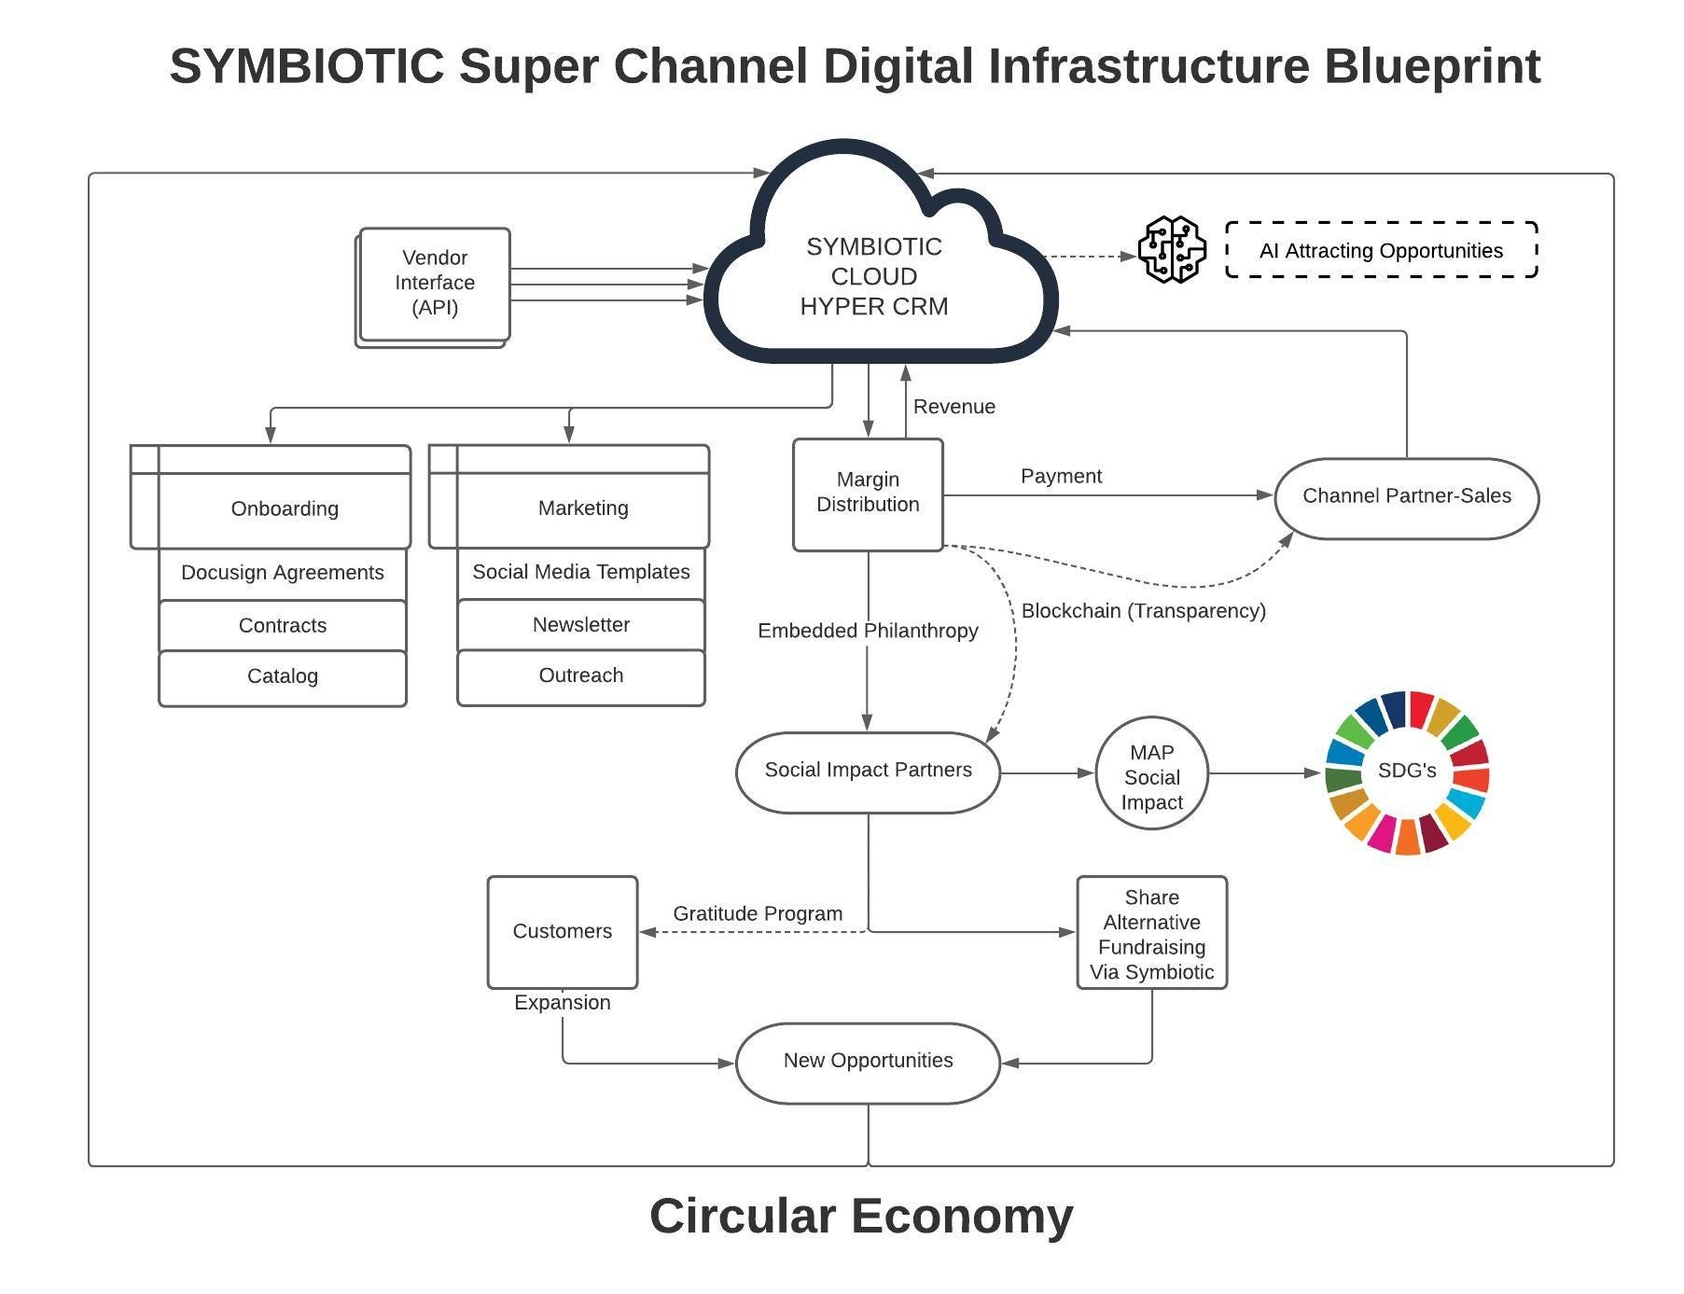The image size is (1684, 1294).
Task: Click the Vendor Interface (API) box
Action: tap(435, 284)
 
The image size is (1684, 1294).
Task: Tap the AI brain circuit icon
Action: tap(1172, 250)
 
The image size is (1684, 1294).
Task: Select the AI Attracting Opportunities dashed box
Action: tap(1381, 250)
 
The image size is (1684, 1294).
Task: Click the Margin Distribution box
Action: tap(868, 494)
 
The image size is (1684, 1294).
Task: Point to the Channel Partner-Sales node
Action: tap(1406, 497)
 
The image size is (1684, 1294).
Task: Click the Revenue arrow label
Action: tap(953, 407)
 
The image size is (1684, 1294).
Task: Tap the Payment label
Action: tap(1061, 476)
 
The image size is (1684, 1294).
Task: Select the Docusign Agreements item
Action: tap(283, 573)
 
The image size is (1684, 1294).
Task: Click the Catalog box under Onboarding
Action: tap(283, 677)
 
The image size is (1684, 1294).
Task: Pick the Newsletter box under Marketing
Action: tap(580, 625)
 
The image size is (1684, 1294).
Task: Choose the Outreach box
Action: tap(580, 676)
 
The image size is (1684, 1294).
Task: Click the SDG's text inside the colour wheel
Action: tap(1406, 771)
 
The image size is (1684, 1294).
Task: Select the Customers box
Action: tap(562, 931)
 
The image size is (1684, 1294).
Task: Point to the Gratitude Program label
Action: tap(758, 913)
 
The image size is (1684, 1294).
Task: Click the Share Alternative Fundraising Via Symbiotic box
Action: tap(1151, 933)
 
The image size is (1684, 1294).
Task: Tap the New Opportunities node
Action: tap(868, 1062)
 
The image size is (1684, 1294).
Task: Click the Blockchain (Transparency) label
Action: tap(1143, 611)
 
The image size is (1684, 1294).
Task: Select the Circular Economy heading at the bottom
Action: tap(861, 1217)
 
